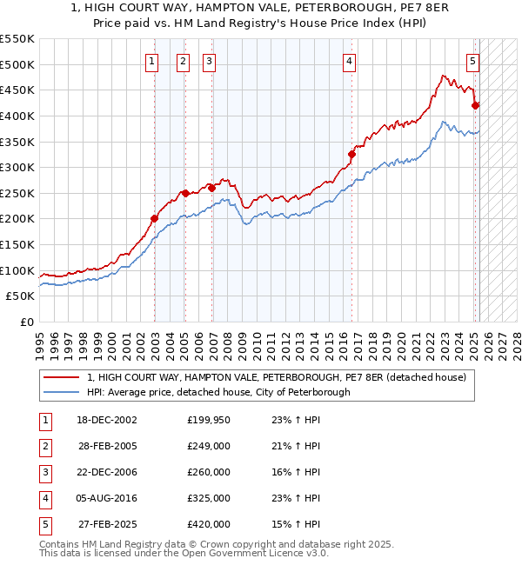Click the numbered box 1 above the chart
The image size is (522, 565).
[152, 61]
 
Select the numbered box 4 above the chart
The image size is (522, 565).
[348, 61]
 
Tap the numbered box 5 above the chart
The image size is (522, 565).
[472, 61]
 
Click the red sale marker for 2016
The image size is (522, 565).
[352, 155]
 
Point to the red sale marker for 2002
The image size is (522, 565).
[154, 219]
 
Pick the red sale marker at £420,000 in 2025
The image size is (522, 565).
[476, 105]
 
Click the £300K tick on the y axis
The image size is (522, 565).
[17, 167]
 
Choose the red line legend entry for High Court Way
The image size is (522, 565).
[277, 377]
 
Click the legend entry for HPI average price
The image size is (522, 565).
[217, 392]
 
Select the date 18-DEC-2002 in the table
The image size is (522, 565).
[108, 420]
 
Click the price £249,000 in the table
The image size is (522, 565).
[209, 446]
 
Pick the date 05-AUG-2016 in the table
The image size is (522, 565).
[108, 498]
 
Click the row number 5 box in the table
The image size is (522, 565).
[43, 524]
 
